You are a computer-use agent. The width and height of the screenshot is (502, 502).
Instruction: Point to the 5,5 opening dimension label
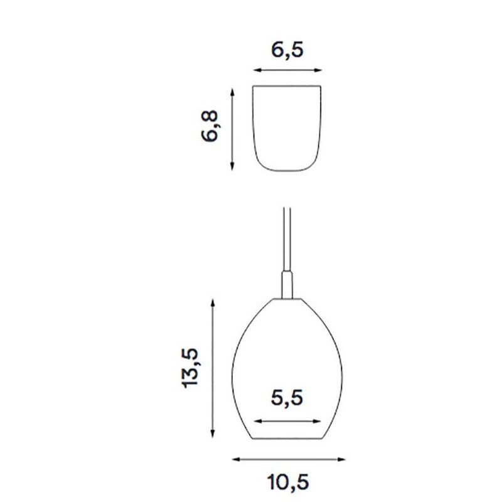(287, 397)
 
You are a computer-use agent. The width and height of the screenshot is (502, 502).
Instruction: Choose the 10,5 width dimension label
(288, 482)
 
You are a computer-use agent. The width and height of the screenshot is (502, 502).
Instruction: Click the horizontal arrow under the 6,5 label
(287, 70)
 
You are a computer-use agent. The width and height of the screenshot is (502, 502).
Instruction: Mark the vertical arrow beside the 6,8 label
(233, 129)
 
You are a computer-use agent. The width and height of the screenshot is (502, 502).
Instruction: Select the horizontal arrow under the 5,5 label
(287, 421)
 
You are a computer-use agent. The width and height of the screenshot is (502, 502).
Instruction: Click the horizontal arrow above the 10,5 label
(288, 459)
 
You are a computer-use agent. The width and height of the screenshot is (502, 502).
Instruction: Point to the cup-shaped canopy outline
(287, 129)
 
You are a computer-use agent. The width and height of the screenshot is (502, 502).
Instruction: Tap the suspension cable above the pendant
(286, 238)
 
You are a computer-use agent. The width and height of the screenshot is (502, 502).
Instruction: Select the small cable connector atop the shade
(287, 284)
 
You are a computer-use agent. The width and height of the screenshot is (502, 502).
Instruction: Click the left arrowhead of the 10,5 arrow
(235, 459)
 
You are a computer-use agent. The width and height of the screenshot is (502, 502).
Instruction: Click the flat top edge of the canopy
(287, 85)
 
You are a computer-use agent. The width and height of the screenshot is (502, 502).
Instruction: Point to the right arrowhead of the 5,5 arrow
(320, 421)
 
